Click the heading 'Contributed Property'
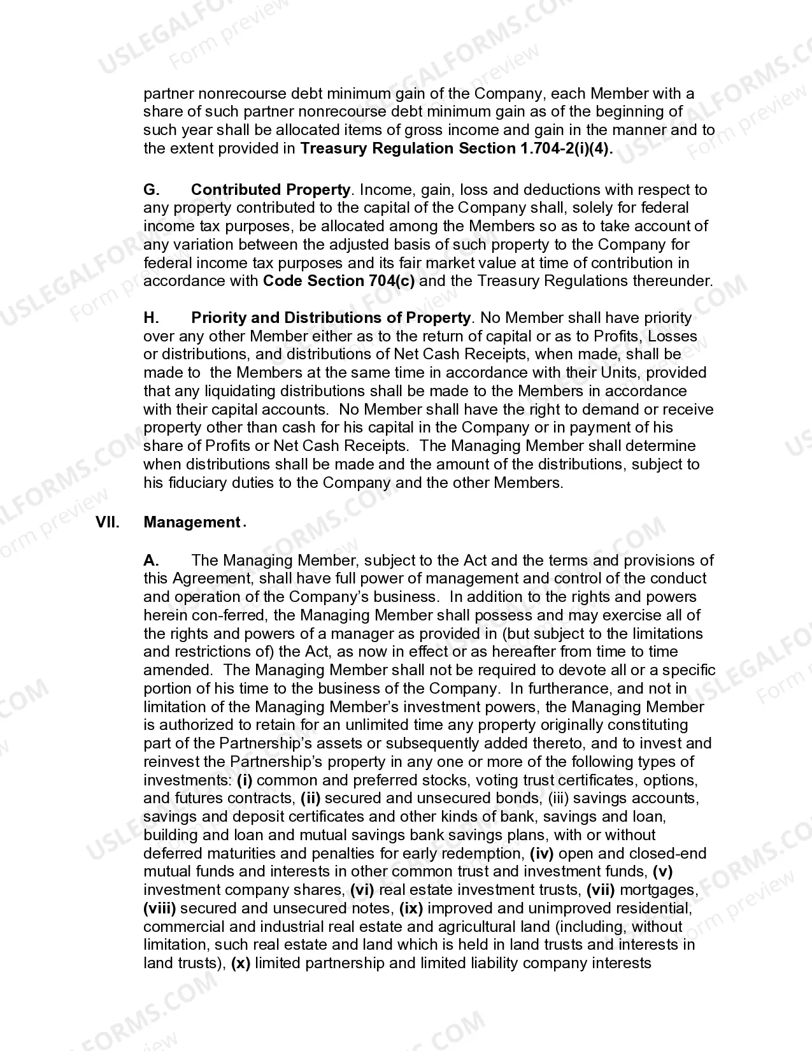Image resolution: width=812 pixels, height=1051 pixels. click(x=270, y=190)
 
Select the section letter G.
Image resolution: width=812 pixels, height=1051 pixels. click(x=150, y=190)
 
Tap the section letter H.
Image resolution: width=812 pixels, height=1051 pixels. click(x=151, y=318)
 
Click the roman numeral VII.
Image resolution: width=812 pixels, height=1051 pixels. click(x=108, y=522)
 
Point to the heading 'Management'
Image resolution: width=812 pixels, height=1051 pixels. click(x=191, y=522)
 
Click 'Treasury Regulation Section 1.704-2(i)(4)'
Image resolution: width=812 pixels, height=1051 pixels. click(x=456, y=148)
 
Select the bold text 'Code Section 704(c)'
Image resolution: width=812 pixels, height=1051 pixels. click(x=338, y=281)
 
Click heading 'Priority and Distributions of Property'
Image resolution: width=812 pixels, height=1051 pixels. click(x=331, y=318)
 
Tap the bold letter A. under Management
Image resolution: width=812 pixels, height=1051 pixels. click(x=150, y=561)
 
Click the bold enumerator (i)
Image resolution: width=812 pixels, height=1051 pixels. click(x=245, y=780)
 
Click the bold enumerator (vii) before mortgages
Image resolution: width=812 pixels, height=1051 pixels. click(x=600, y=890)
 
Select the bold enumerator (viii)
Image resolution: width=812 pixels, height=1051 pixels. click(x=159, y=908)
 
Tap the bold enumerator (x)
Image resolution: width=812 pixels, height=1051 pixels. click(x=240, y=963)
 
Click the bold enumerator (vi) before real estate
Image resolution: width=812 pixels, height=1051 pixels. click(x=362, y=890)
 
